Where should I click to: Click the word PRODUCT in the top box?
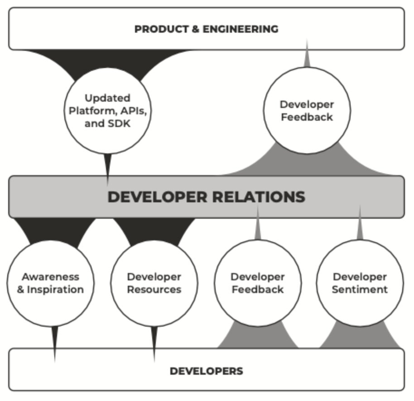162,29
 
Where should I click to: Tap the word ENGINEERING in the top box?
241,29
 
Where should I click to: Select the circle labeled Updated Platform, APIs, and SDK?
108,111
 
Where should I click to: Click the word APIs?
134,111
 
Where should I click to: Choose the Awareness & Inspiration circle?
50,284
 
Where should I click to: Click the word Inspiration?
55,289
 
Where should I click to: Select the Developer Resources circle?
154,284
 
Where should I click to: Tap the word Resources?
154,289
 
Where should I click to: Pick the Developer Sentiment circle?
360,284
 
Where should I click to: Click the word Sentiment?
360,289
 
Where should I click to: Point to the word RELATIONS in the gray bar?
259,197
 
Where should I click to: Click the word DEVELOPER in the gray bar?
157,197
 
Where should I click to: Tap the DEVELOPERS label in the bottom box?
207,371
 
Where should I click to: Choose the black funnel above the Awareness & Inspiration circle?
54,230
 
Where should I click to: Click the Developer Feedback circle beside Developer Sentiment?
258,284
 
